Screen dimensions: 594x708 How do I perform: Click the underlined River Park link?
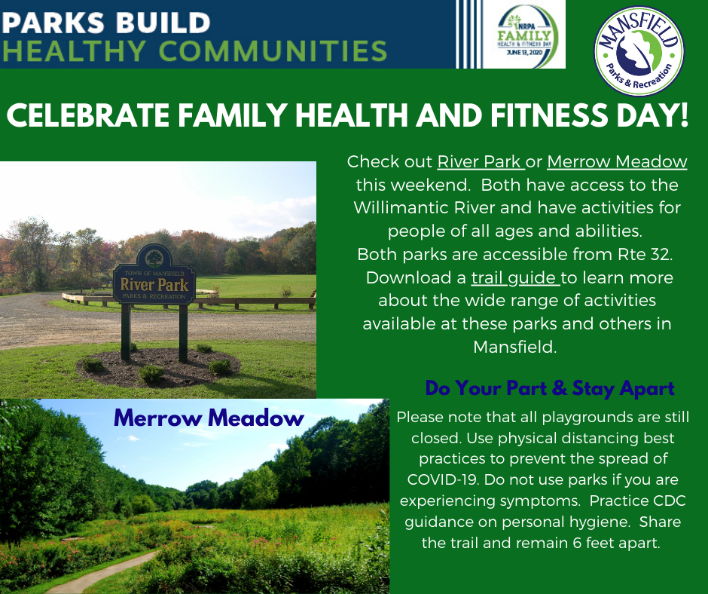click(x=480, y=162)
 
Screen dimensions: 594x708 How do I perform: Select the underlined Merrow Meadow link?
click(x=617, y=162)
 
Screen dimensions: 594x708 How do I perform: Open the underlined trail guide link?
click(x=515, y=278)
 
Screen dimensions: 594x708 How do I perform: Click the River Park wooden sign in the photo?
click(x=154, y=285)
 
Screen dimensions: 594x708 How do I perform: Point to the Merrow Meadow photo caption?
click(x=209, y=418)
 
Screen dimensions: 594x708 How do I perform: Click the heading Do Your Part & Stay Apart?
click(x=549, y=389)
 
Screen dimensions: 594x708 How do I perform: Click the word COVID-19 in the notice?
click(x=437, y=479)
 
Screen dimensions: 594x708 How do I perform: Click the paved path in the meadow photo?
click(x=105, y=573)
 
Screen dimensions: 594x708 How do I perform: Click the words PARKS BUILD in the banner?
click(x=105, y=21)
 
